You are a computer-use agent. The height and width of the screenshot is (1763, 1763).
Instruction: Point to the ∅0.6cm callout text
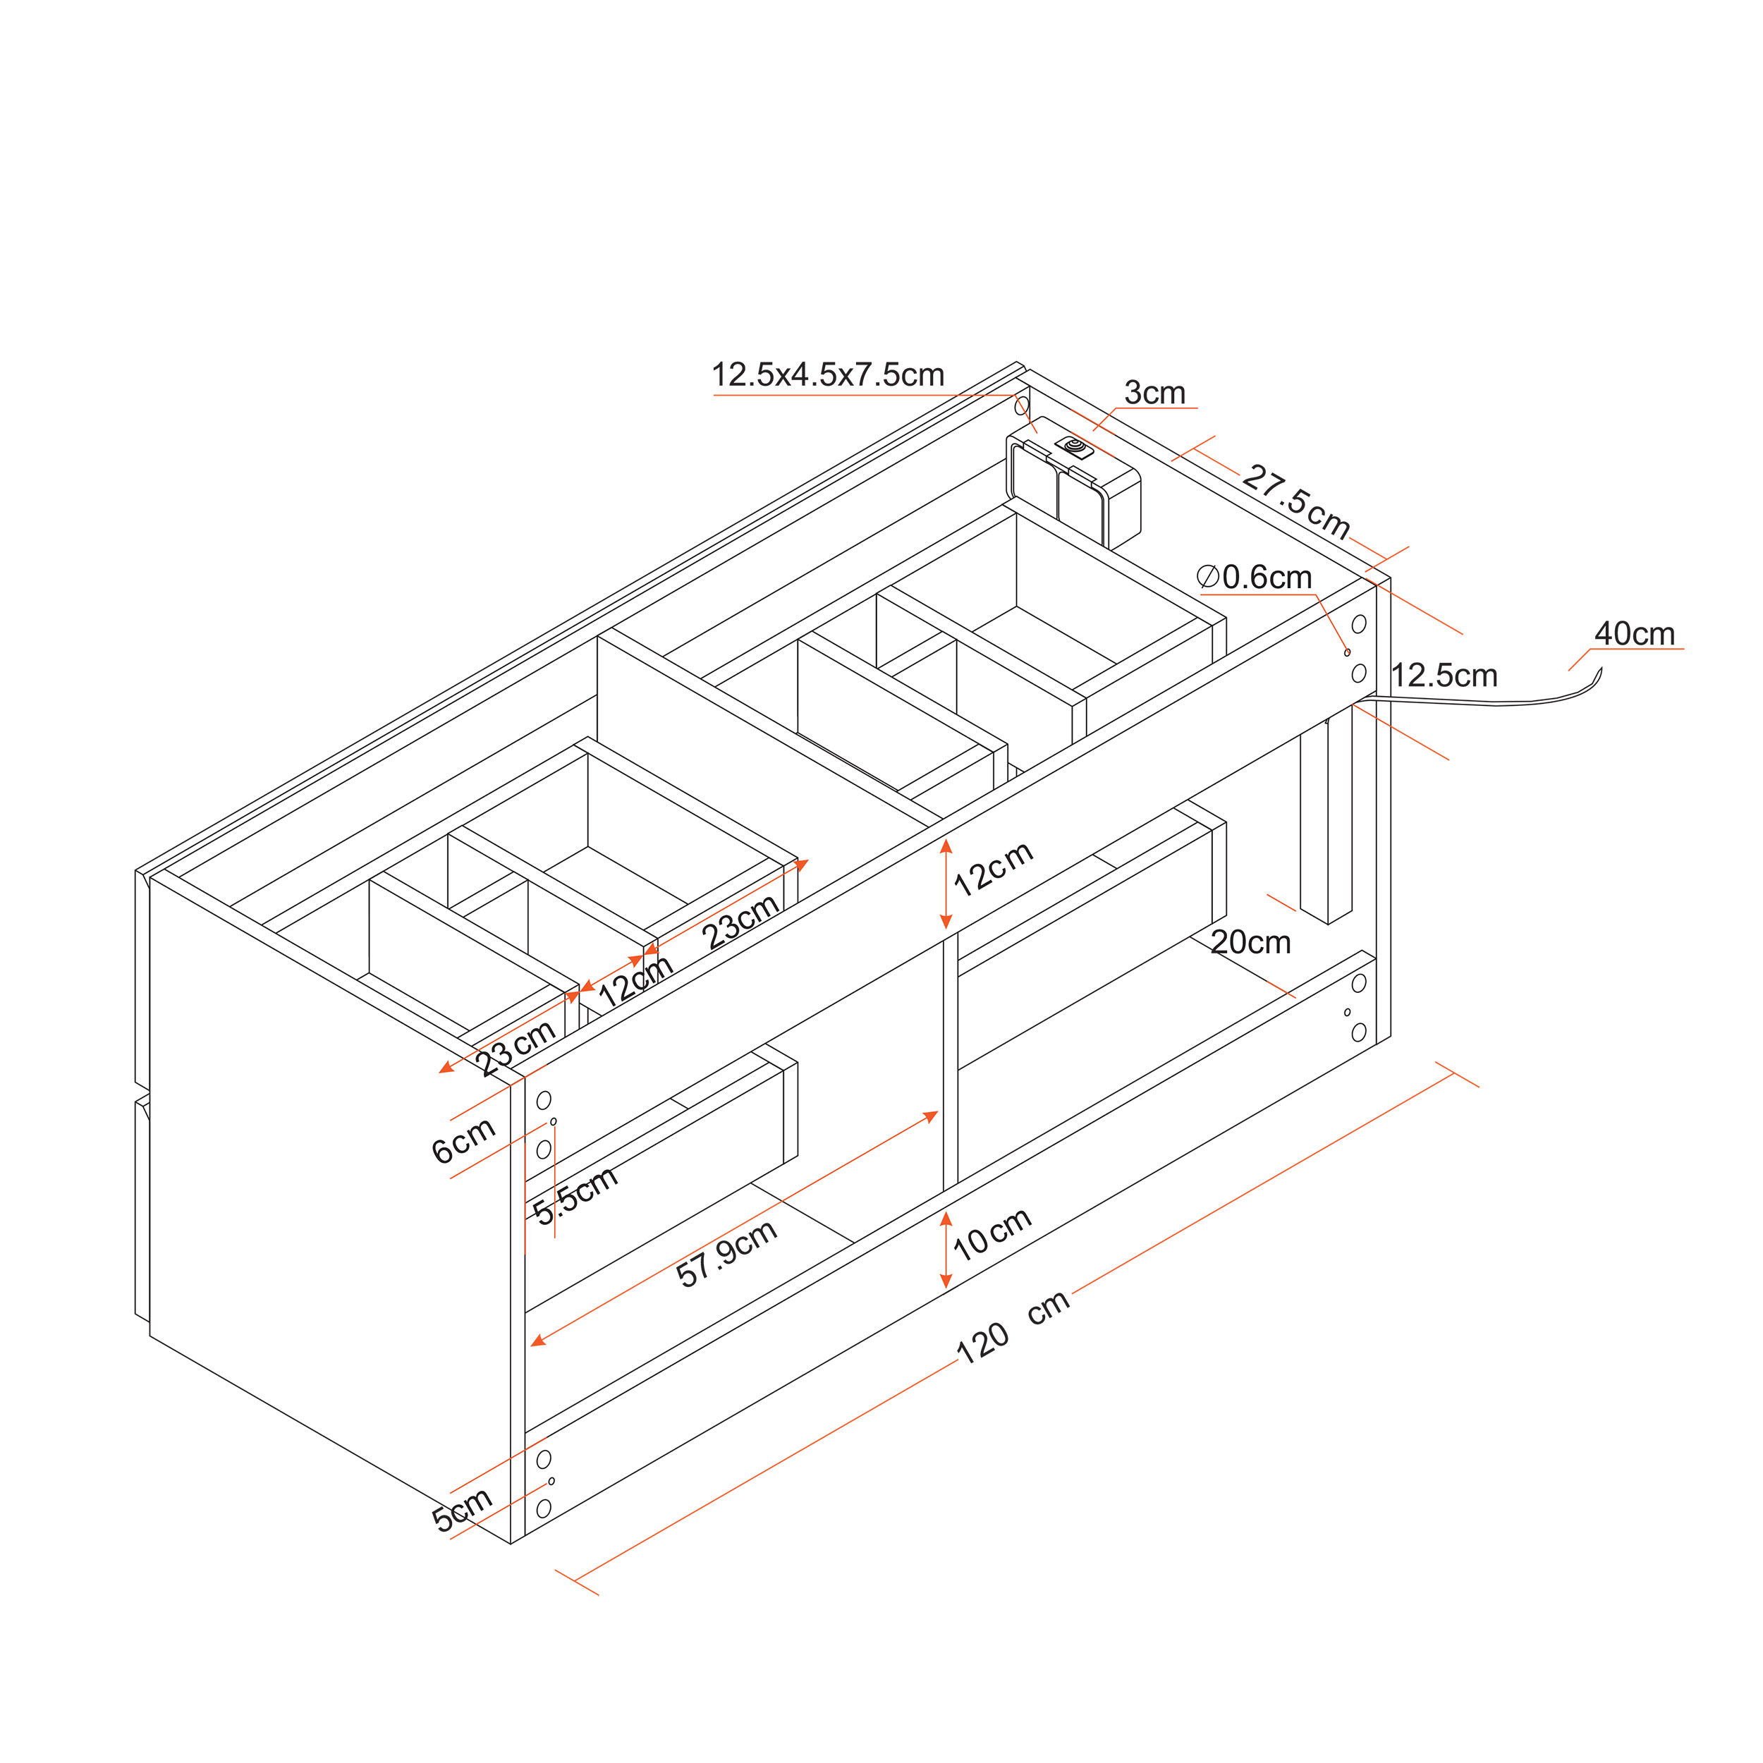[x=1254, y=577]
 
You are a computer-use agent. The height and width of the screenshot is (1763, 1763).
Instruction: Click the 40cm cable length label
[x=1635, y=633]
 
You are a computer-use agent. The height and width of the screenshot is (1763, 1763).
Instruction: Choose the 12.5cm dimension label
[x=1444, y=676]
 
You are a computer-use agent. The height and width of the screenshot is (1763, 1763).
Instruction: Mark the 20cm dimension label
[x=1250, y=943]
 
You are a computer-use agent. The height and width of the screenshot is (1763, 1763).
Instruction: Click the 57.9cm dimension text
[x=726, y=1254]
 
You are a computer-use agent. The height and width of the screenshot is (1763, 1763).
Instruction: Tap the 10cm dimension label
[x=992, y=1233]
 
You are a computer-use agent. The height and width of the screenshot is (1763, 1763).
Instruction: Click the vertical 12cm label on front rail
[x=993, y=868]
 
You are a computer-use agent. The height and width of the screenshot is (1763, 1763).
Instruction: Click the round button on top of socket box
[x=1074, y=446]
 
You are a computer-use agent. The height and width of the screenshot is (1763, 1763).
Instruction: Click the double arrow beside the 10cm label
[x=946, y=1250]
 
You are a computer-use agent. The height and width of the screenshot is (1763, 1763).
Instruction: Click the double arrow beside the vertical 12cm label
[x=946, y=884]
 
